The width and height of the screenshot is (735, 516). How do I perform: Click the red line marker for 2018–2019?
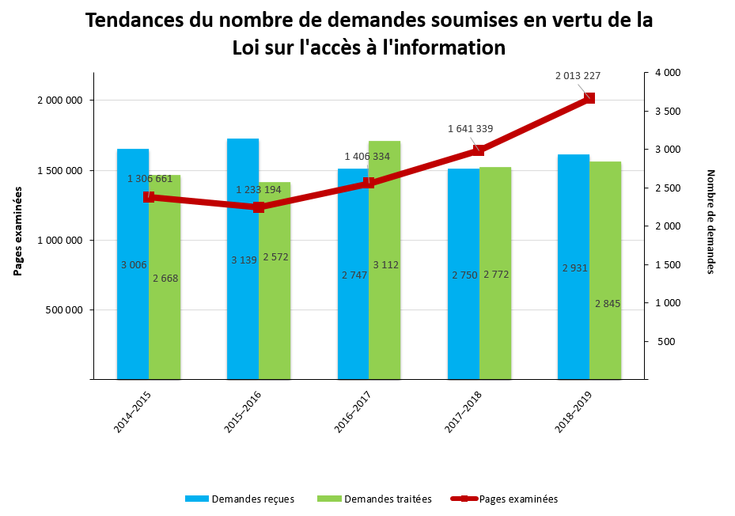click(589, 98)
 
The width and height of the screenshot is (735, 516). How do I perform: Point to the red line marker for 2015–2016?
click(259, 207)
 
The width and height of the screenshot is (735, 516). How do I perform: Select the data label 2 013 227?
click(578, 76)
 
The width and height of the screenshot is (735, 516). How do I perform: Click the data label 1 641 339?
click(470, 129)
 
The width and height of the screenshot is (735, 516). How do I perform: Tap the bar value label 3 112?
click(385, 264)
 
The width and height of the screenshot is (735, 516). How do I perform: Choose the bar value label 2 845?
click(607, 304)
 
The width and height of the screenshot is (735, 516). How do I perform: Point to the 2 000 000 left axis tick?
click(60, 101)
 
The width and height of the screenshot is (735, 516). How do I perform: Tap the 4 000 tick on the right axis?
click(668, 73)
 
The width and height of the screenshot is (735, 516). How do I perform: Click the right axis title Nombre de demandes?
click(710, 222)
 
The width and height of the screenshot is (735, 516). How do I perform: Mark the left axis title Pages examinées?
click(17, 230)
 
